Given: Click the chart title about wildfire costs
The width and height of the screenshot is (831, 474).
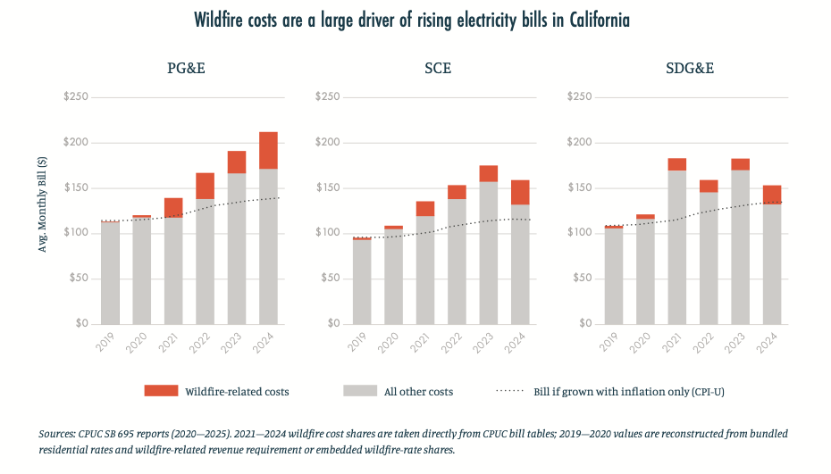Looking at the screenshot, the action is (412, 21).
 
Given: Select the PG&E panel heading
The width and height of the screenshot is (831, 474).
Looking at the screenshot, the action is (186, 69).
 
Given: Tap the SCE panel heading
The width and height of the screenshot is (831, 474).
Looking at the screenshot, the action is (438, 69).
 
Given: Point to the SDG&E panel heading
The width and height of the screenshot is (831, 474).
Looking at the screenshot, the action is (690, 69).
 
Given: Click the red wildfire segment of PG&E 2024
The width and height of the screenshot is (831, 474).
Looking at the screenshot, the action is (268, 150).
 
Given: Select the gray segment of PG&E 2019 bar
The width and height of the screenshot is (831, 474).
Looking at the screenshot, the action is (110, 273).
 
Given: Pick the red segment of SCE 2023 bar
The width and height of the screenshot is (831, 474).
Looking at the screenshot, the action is (489, 174).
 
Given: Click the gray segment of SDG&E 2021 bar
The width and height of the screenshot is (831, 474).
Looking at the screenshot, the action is (676, 247).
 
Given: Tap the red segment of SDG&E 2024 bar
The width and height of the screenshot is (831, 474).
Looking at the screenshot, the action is (772, 195).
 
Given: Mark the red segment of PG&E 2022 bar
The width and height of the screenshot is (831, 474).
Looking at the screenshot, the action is (206, 186).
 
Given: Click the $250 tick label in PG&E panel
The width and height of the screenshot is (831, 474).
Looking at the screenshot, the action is (76, 96).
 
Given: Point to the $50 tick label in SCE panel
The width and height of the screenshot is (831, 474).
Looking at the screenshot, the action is (331, 278).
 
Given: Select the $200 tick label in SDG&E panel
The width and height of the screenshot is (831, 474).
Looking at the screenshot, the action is (579, 142).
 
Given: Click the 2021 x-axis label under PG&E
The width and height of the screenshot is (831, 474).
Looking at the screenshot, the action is (168, 342).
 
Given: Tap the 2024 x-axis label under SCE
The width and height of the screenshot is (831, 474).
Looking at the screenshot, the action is (515, 342).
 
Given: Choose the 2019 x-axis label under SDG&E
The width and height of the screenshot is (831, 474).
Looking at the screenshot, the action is (609, 342).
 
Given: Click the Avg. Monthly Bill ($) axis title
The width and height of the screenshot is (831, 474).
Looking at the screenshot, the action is (42, 204).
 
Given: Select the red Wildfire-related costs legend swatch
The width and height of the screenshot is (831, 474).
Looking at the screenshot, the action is (161, 391).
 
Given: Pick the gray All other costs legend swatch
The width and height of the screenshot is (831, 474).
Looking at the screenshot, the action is (360, 391).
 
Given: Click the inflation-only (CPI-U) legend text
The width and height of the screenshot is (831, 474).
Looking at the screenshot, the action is (628, 392).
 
